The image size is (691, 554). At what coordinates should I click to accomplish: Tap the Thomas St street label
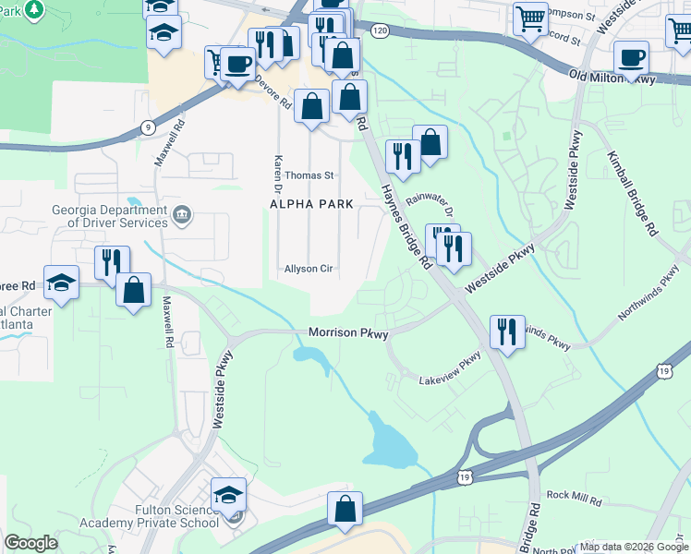[309, 175]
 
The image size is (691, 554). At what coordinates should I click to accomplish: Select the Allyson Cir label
[308, 269]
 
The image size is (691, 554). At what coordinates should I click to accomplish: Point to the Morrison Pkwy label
[347, 331]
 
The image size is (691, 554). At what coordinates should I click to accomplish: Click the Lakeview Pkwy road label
[450, 369]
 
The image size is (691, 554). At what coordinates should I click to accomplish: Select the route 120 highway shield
[380, 30]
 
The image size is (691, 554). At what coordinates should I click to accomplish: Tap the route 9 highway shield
[148, 127]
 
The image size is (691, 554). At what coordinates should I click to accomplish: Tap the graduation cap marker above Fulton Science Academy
[228, 494]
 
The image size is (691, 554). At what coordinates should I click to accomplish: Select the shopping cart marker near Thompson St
[530, 17]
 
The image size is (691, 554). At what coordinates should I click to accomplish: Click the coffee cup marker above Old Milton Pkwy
[631, 58]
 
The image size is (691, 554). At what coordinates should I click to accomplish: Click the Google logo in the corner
[30, 543]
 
